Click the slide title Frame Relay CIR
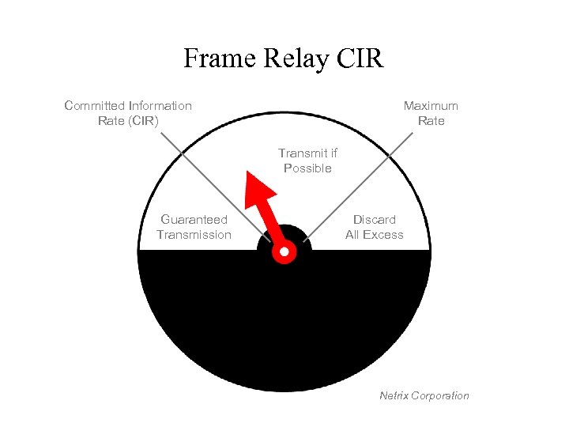284,59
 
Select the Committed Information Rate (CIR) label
128,113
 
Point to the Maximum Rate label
431,113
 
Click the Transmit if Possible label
307,161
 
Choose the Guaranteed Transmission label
194,227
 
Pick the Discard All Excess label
374,227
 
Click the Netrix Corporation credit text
424,395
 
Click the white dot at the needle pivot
284,253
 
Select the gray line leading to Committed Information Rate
209,183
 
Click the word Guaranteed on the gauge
194,220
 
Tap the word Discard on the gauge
375,220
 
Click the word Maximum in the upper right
431,106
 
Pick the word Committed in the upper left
95,106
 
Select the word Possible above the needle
307,168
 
